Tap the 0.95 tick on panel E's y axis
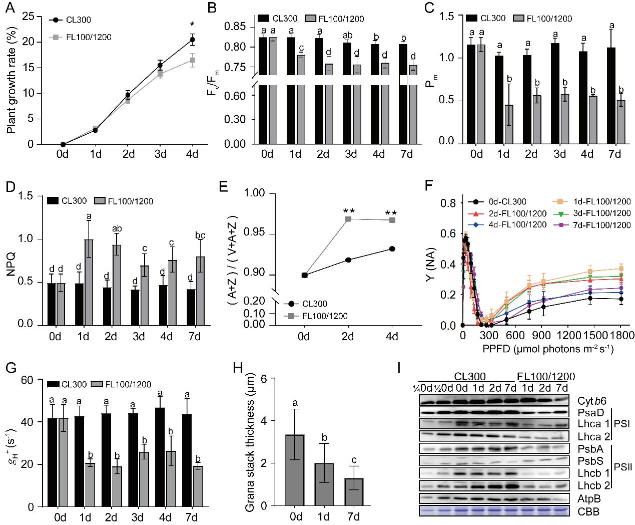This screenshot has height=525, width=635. pos(264,234)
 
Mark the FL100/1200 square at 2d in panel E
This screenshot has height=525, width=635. pos(349,219)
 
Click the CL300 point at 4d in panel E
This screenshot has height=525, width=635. pos(392,248)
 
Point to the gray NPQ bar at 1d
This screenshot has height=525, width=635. pos(89,283)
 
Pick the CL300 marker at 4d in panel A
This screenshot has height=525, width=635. pos(192,40)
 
